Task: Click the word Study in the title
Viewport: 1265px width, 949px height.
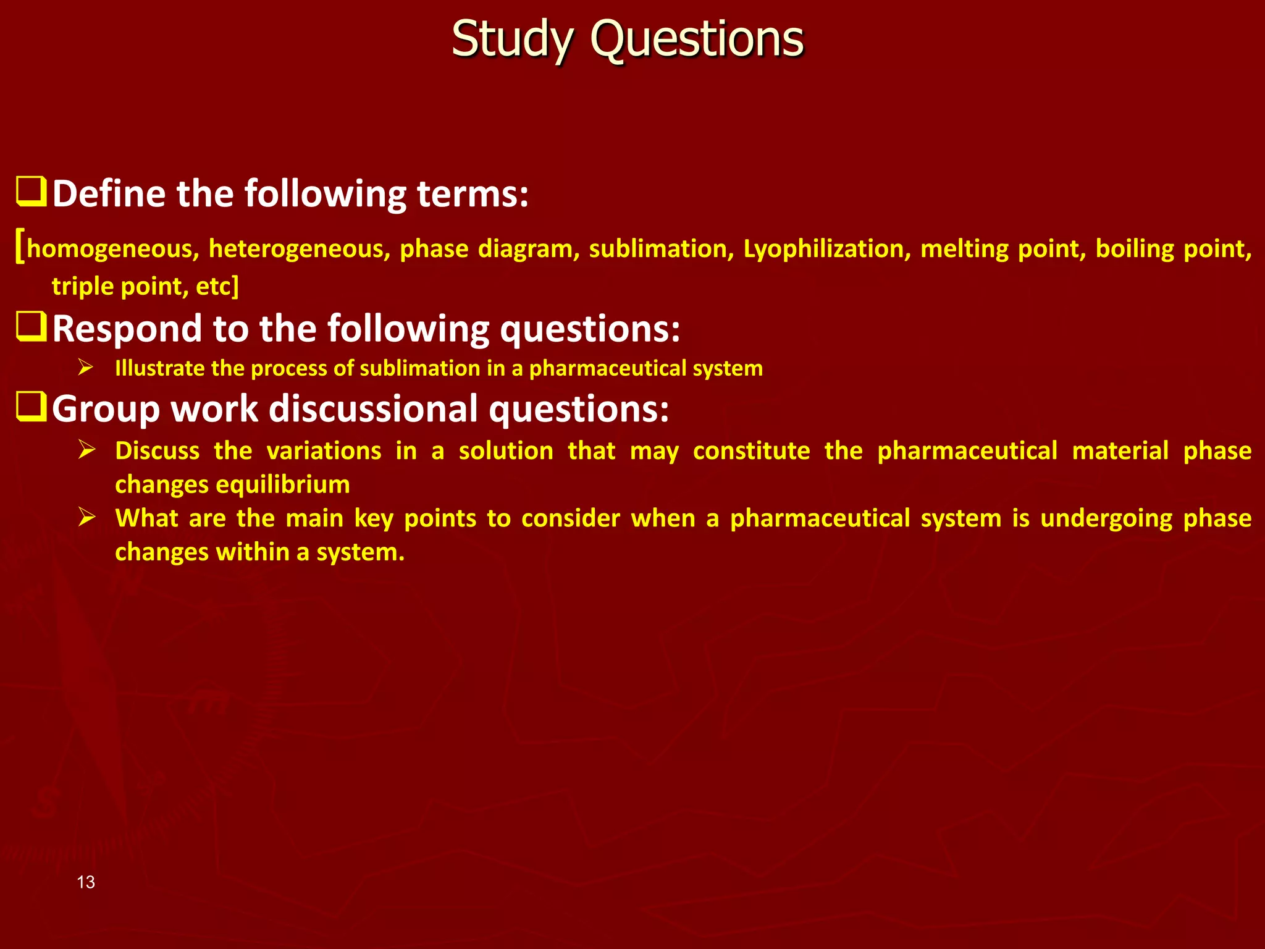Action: coord(513,40)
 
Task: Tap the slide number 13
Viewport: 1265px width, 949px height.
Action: coord(86,882)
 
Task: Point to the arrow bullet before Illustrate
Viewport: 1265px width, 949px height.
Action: coord(86,368)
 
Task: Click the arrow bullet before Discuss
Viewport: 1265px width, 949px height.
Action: coord(86,449)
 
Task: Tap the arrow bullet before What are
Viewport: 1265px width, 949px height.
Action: coord(86,517)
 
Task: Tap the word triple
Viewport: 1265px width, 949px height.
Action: coord(82,287)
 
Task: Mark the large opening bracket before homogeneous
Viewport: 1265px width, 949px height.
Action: coord(20,246)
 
